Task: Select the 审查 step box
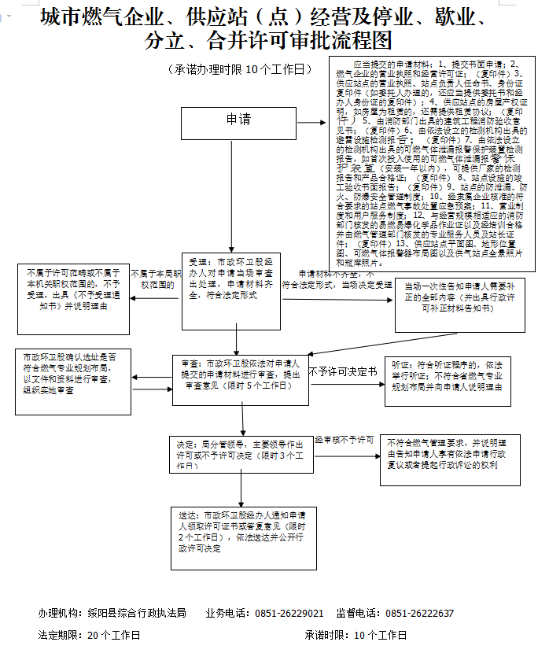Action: click(x=239, y=379)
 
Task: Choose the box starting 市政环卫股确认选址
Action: click(x=72, y=382)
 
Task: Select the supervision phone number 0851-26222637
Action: click(x=419, y=614)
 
